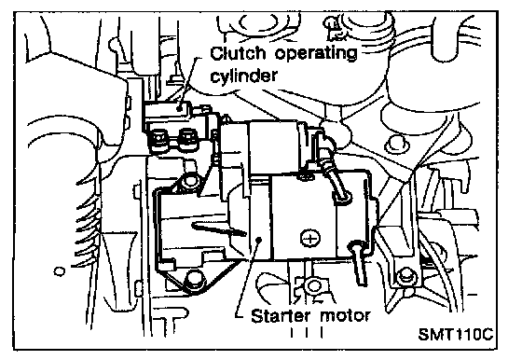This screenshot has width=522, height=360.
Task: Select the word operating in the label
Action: [316, 54]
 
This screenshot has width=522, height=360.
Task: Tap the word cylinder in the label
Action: [243, 76]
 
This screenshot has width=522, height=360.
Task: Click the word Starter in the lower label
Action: [281, 315]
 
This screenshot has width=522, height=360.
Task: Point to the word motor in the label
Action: [345, 315]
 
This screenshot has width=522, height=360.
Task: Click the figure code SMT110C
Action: [455, 334]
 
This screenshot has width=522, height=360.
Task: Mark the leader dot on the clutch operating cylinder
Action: [179, 108]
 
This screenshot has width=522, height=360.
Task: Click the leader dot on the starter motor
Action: [260, 239]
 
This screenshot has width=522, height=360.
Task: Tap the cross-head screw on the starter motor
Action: [310, 238]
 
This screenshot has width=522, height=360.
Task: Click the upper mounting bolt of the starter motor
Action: [189, 181]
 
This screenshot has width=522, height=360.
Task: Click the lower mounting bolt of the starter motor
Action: [194, 279]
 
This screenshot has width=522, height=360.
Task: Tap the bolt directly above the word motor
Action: [313, 285]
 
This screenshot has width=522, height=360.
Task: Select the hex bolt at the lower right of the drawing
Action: [405, 275]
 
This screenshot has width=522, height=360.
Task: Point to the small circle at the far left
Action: [60, 271]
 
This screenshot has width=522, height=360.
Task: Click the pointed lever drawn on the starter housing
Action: [219, 228]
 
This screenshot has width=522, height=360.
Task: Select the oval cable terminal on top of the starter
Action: [342, 197]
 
